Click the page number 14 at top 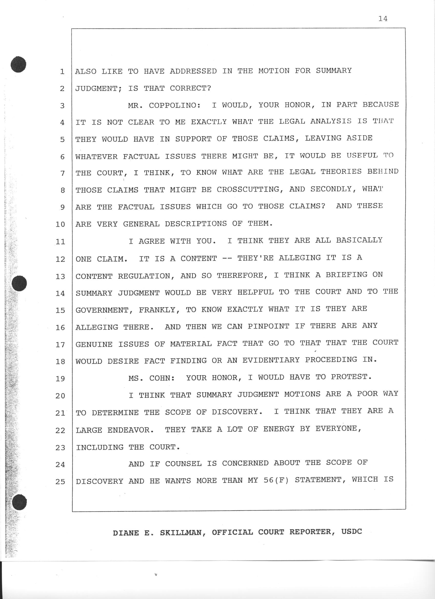383,19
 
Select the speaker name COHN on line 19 162,378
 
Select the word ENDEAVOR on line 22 130,430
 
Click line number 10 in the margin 60,225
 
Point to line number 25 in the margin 60,482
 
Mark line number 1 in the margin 62,71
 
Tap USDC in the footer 351,532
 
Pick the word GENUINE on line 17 94,344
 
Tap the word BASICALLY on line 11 359,240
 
